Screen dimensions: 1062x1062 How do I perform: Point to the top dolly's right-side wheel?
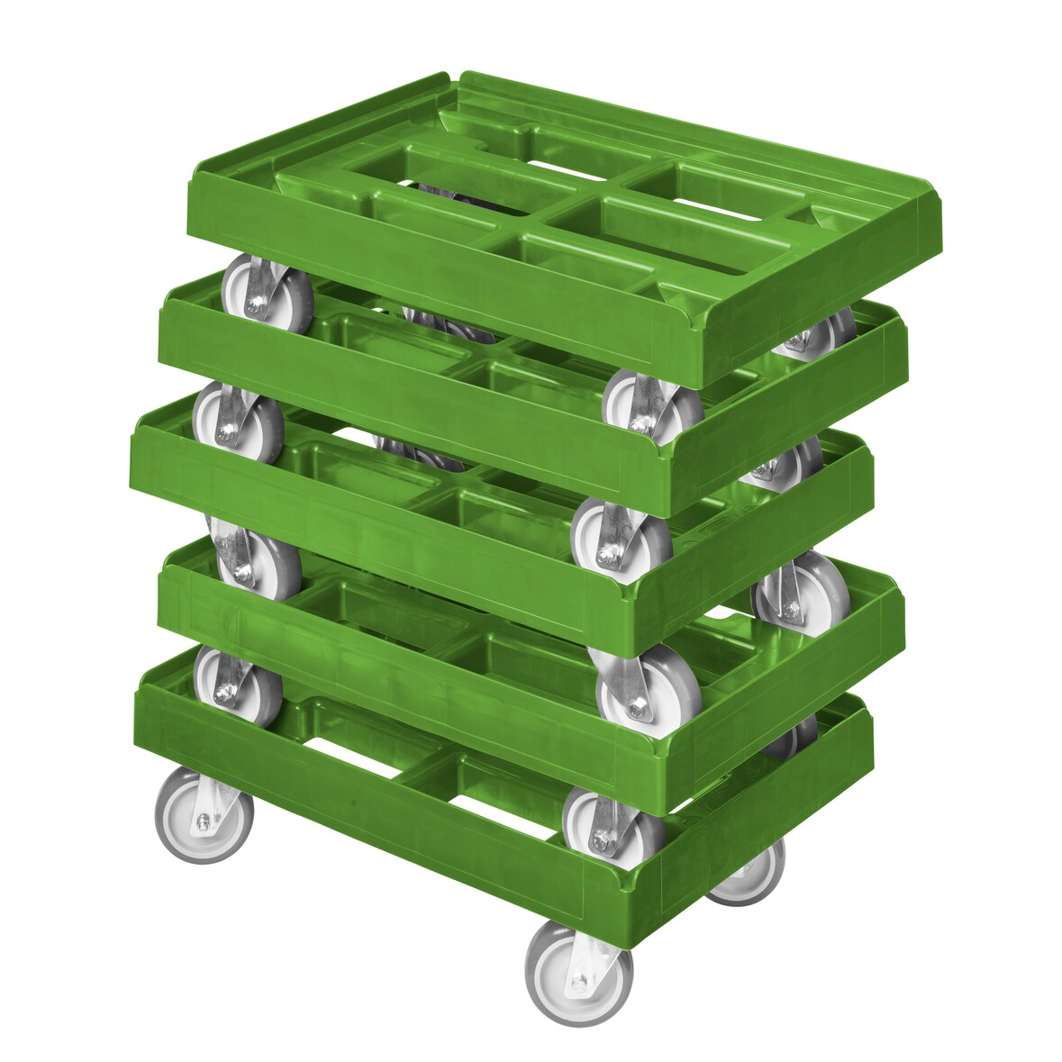coord(818,331)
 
